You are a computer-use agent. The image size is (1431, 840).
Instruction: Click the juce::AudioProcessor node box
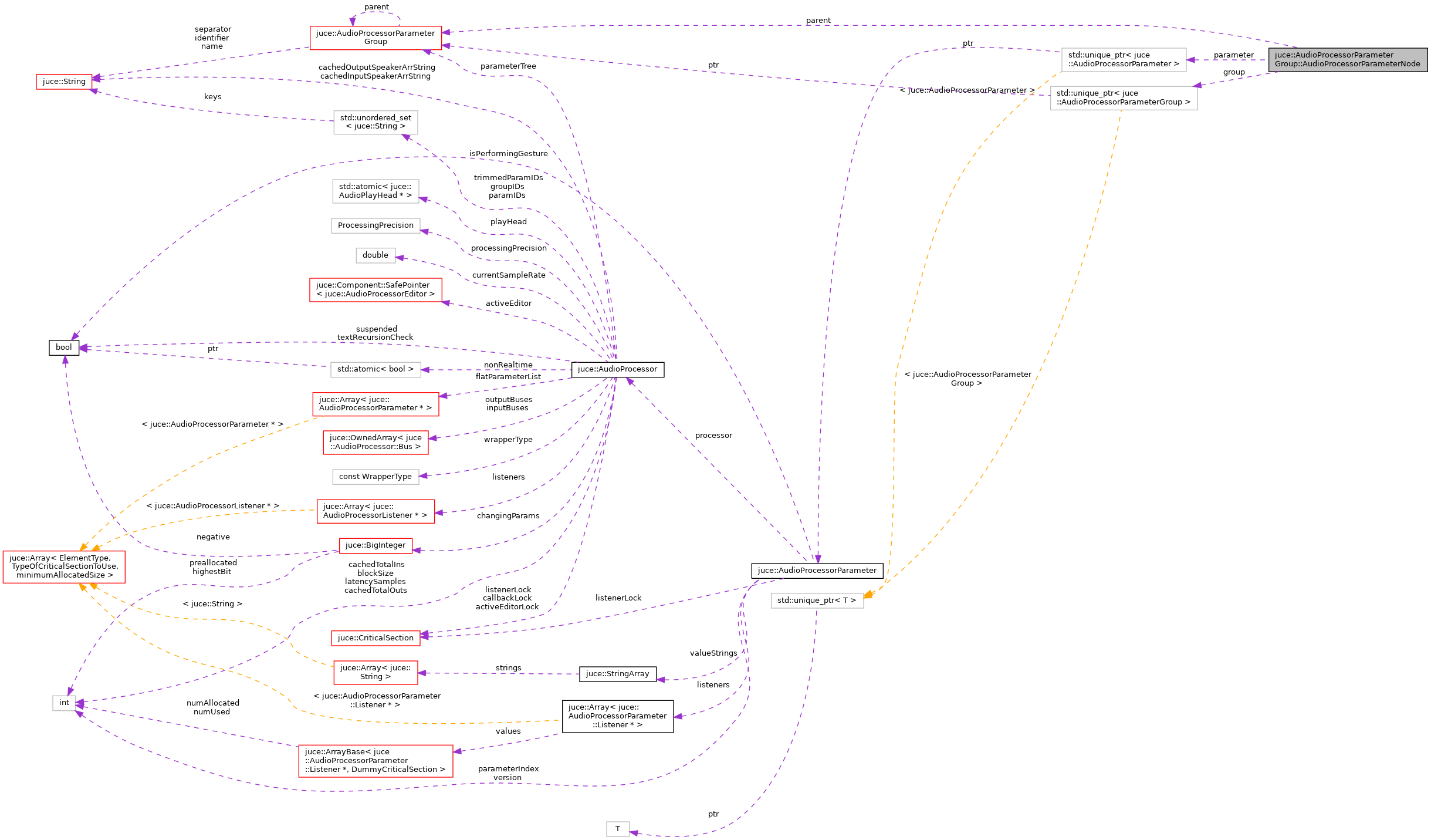pos(617,369)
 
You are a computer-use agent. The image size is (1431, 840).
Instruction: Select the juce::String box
pos(64,82)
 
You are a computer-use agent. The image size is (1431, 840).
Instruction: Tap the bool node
pos(64,348)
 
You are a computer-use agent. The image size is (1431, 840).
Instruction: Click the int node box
pos(64,703)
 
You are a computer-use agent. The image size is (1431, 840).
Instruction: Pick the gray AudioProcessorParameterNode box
pos(1347,60)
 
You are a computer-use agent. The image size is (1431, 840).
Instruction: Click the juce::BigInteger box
pos(375,545)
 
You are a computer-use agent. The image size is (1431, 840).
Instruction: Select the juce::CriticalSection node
pos(375,638)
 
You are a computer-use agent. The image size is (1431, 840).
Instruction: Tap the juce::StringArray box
pos(617,674)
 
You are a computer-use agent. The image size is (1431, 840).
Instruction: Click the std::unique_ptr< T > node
pos(817,601)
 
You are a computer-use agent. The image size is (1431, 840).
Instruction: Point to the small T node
pos(617,829)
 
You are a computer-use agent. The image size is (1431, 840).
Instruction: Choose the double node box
pos(375,255)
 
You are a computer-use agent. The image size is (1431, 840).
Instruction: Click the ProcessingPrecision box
pos(375,225)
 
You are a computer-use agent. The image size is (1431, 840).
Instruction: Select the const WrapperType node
pos(375,477)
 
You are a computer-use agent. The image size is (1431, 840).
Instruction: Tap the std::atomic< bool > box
pos(375,369)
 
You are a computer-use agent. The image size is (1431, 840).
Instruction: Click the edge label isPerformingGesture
pos(508,154)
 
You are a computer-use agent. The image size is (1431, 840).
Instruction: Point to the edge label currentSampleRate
pos(509,275)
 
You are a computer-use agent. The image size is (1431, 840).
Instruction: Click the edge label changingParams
pos(508,516)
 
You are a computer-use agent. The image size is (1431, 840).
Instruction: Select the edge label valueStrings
pos(713,653)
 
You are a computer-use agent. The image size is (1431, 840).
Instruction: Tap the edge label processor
pos(713,436)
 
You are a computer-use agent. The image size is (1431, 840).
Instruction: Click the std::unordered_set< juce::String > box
pos(375,122)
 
